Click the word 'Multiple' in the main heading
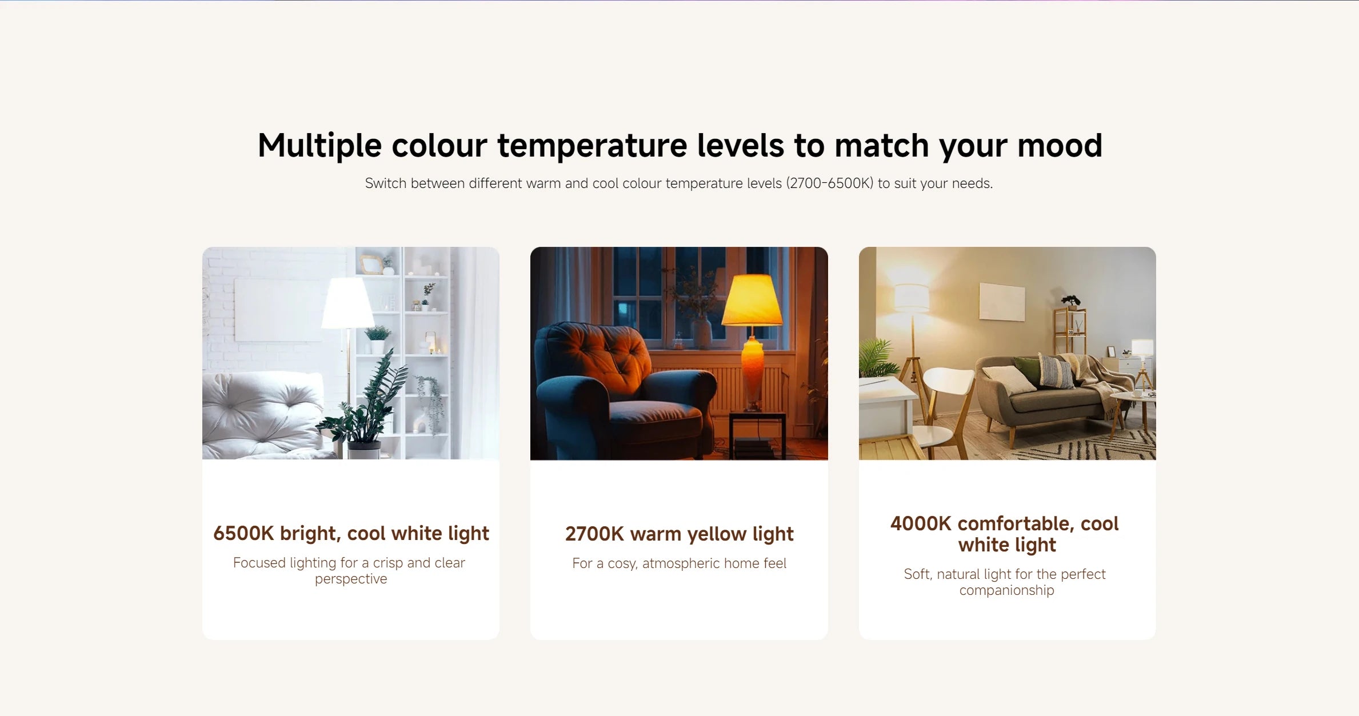tap(319, 145)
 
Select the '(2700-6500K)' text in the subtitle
tap(830, 183)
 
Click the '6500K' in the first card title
tap(243, 533)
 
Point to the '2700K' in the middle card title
tap(594, 534)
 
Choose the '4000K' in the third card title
tap(921, 523)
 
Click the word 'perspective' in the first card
tap(351, 579)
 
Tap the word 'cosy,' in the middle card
tap(622, 564)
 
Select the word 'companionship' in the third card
tap(1007, 591)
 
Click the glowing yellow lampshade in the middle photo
tap(753, 300)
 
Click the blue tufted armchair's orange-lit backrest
tap(597, 357)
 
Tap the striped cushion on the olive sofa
tap(1056, 371)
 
